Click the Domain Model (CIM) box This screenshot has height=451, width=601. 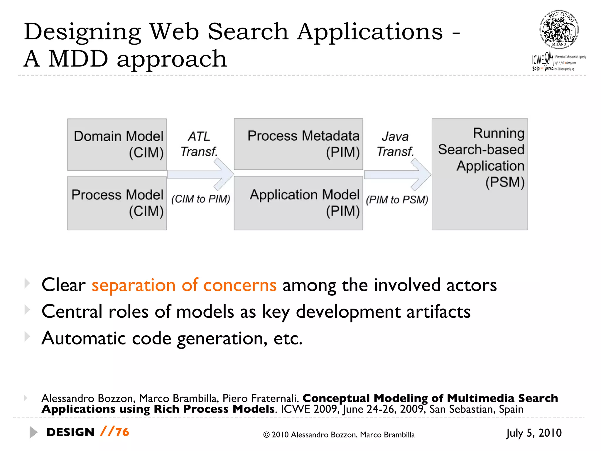coord(117,144)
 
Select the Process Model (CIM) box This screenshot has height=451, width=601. coord(117,203)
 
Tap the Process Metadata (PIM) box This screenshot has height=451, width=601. coord(298,144)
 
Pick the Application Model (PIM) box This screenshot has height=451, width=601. coord(298,203)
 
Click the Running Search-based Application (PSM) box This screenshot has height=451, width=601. coord(480,174)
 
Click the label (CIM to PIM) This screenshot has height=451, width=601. coord(201,199)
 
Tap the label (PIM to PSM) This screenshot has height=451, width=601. coord(397,200)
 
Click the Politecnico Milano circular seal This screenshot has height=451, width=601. coord(559,30)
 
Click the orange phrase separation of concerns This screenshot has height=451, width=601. coord(184,285)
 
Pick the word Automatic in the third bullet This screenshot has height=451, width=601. coord(83,338)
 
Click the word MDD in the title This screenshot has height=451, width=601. coord(78,59)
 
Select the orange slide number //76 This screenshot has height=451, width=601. coord(114,432)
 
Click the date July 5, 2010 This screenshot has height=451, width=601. coord(534,433)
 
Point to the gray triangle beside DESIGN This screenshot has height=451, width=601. coord(33,432)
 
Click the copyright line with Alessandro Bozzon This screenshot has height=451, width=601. coord(339,435)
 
